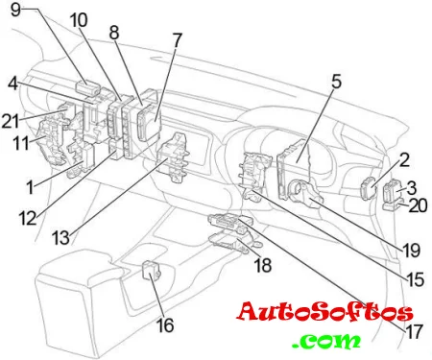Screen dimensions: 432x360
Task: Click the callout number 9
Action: click(x=15, y=10)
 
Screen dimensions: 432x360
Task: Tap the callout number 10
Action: click(x=79, y=20)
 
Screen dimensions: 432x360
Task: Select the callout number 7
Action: click(x=177, y=40)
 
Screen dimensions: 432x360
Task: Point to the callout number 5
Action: click(x=336, y=82)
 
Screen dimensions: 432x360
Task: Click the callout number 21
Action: click(x=11, y=121)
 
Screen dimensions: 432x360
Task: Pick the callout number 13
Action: click(x=60, y=238)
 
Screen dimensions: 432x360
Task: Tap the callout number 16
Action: click(x=165, y=325)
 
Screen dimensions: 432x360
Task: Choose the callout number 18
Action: click(x=263, y=265)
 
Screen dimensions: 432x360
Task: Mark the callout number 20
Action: click(x=419, y=205)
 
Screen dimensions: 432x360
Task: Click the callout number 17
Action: click(x=414, y=332)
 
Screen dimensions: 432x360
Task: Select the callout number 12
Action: click(x=28, y=219)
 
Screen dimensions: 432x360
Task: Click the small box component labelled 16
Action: click(x=151, y=270)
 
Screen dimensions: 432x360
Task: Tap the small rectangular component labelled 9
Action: click(x=87, y=87)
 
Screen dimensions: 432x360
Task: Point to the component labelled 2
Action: click(x=368, y=189)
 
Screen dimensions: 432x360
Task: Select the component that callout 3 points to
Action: click(x=391, y=191)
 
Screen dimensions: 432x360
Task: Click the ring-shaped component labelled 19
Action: click(x=304, y=193)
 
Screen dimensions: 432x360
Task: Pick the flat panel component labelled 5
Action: click(x=293, y=168)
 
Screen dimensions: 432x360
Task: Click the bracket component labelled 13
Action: click(x=173, y=157)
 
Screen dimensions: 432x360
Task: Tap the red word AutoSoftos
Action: click(x=324, y=312)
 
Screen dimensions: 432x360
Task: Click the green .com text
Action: click(x=325, y=341)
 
